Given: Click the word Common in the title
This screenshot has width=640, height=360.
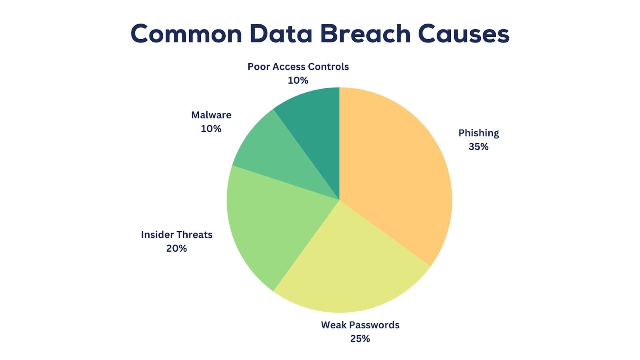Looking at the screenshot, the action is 186,34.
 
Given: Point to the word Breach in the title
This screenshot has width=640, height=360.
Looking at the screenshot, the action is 366,34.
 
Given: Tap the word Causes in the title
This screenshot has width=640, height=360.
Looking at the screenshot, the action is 464,34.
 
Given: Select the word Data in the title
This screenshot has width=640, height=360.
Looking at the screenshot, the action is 281,34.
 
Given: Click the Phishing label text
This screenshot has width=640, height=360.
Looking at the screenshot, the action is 478,133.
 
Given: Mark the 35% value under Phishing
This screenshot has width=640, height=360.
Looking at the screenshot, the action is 478,147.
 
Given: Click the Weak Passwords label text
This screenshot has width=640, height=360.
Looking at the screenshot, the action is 360,325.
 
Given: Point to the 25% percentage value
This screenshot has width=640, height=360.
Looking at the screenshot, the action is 360,339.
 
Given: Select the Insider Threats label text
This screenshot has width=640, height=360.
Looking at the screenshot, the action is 176,234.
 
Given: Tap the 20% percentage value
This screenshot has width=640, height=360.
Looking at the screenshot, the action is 176,248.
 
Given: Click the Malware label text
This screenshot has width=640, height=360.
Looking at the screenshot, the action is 211,115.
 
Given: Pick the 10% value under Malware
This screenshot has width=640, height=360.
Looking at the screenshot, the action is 211,129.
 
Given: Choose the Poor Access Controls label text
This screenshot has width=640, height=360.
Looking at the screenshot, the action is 298,66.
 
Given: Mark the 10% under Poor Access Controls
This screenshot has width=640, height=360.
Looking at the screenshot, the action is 298,80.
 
